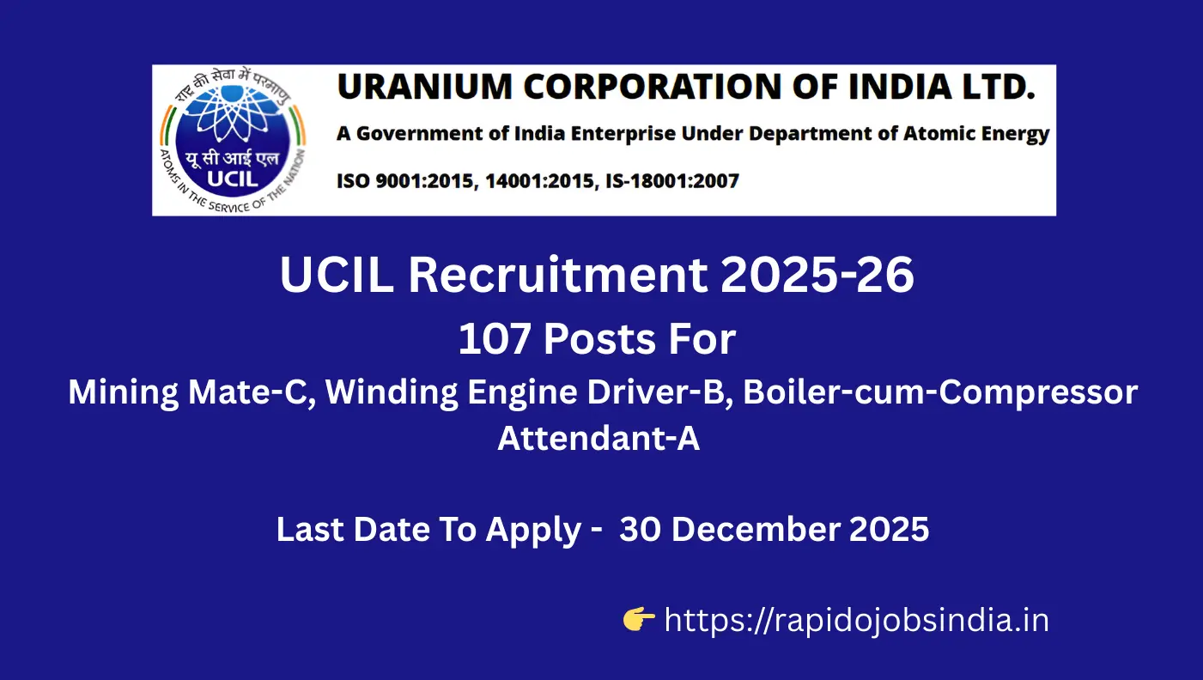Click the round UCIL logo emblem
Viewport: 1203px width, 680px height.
[x=229, y=139]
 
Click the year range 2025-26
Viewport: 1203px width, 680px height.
[x=818, y=276]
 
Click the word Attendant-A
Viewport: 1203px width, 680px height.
[x=598, y=438]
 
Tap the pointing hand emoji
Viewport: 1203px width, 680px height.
[x=639, y=619]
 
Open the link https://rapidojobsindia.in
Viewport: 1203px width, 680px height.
[x=857, y=620]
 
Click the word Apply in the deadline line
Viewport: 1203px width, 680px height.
[x=533, y=531]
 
